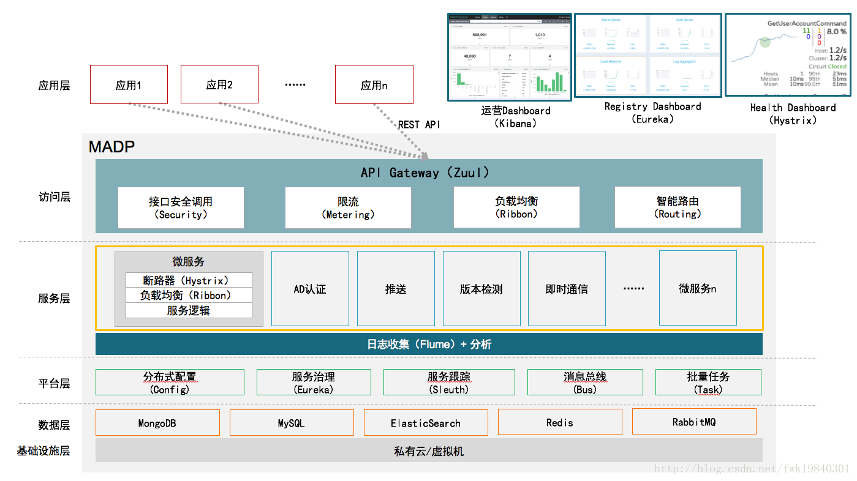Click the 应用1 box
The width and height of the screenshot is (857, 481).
129,84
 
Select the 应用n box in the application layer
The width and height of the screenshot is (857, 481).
374,84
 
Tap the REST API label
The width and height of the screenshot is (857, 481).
419,125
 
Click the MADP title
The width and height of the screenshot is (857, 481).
111,147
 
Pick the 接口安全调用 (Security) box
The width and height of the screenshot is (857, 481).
181,208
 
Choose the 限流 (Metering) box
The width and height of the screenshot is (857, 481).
348,208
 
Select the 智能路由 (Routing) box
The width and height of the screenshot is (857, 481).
678,208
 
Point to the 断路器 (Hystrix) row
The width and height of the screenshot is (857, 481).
189,280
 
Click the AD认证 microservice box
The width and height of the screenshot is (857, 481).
310,288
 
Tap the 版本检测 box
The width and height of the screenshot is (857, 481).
481,288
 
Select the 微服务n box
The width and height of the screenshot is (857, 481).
698,288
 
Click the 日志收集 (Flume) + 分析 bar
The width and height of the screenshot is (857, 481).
429,344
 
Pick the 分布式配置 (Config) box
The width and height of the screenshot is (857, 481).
170,382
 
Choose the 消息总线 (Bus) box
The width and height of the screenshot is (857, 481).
585,382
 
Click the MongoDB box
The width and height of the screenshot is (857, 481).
157,423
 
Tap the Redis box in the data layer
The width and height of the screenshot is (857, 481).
560,422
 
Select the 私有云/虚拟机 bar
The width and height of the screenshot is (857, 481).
429,451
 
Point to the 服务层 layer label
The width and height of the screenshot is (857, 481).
54,299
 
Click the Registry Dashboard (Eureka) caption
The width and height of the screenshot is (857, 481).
652,113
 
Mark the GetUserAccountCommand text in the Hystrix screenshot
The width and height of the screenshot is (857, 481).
807,23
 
